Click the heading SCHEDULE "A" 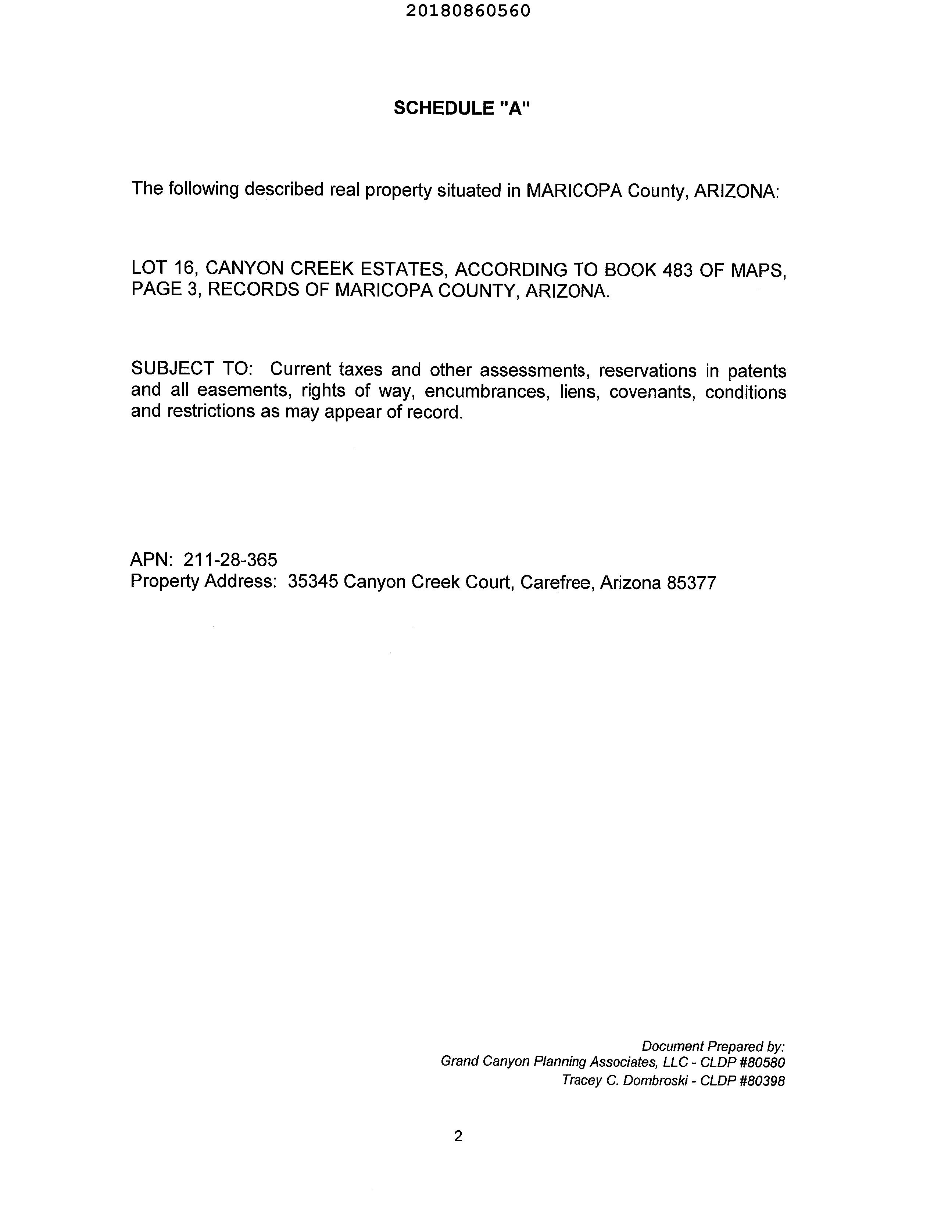click(x=462, y=108)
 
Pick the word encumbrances click(x=484, y=392)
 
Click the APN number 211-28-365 click(x=230, y=560)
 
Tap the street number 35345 click(x=313, y=582)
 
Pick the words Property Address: click(x=204, y=581)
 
